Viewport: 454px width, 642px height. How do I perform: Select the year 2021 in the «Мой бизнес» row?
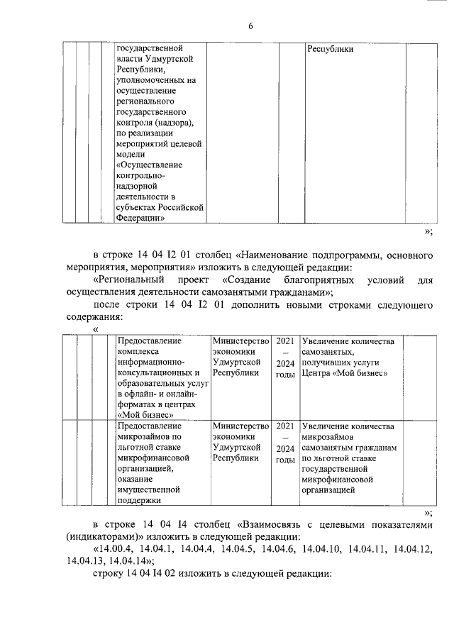(x=285, y=341)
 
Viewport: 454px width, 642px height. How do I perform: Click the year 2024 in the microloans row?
(x=285, y=448)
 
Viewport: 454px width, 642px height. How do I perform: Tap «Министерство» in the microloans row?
(x=241, y=426)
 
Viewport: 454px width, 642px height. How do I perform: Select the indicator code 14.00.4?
(x=116, y=548)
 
